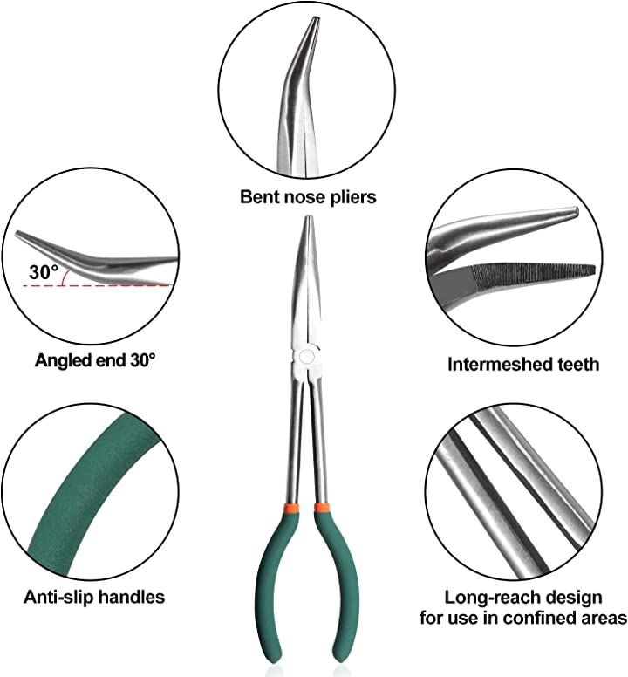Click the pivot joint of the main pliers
tap(305, 358)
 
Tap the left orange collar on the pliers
tap(287, 508)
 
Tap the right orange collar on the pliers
tap(323, 508)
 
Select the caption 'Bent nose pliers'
tap(308, 197)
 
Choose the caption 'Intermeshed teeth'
tap(523, 364)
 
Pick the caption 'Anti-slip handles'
tap(94, 598)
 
